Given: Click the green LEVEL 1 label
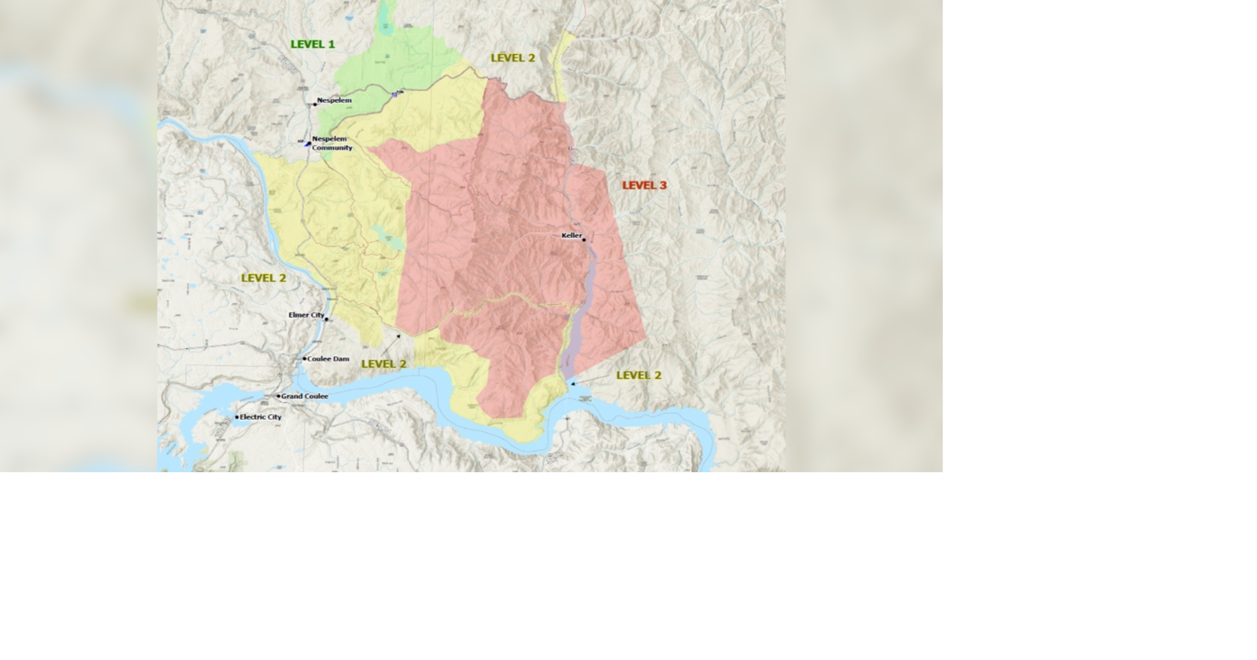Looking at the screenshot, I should pyautogui.click(x=313, y=44).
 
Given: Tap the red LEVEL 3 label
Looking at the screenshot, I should pyautogui.click(x=644, y=185).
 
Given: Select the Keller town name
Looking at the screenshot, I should pyautogui.click(x=571, y=236).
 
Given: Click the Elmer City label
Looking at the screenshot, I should pyautogui.click(x=306, y=315).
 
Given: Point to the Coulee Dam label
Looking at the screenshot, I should pyautogui.click(x=329, y=359).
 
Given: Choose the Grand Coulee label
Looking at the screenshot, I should pyautogui.click(x=305, y=396).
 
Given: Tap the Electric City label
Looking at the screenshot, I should pyautogui.click(x=260, y=417).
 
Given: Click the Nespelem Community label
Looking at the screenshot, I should pyautogui.click(x=332, y=143).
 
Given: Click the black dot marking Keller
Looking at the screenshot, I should pyautogui.click(x=584, y=240).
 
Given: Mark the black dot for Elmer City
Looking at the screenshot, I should pyautogui.click(x=327, y=319).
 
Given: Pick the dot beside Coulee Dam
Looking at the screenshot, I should pyautogui.click(x=305, y=359).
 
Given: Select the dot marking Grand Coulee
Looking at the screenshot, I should pyautogui.click(x=278, y=396).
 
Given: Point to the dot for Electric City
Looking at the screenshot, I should pyautogui.click(x=236, y=417).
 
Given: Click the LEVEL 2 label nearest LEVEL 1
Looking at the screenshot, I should pyautogui.click(x=513, y=58).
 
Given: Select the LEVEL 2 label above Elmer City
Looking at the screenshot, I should pyautogui.click(x=263, y=278).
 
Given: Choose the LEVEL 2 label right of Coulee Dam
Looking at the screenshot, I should pyautogui.click(x=383, y=364).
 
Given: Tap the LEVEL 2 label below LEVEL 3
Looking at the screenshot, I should pyautogui.click(x=639, y=376).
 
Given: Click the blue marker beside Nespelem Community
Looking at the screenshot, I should pyautogui.click(x=307, y=143).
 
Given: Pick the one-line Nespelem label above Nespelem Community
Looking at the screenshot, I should pyautogui.click(x=334, y=101).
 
